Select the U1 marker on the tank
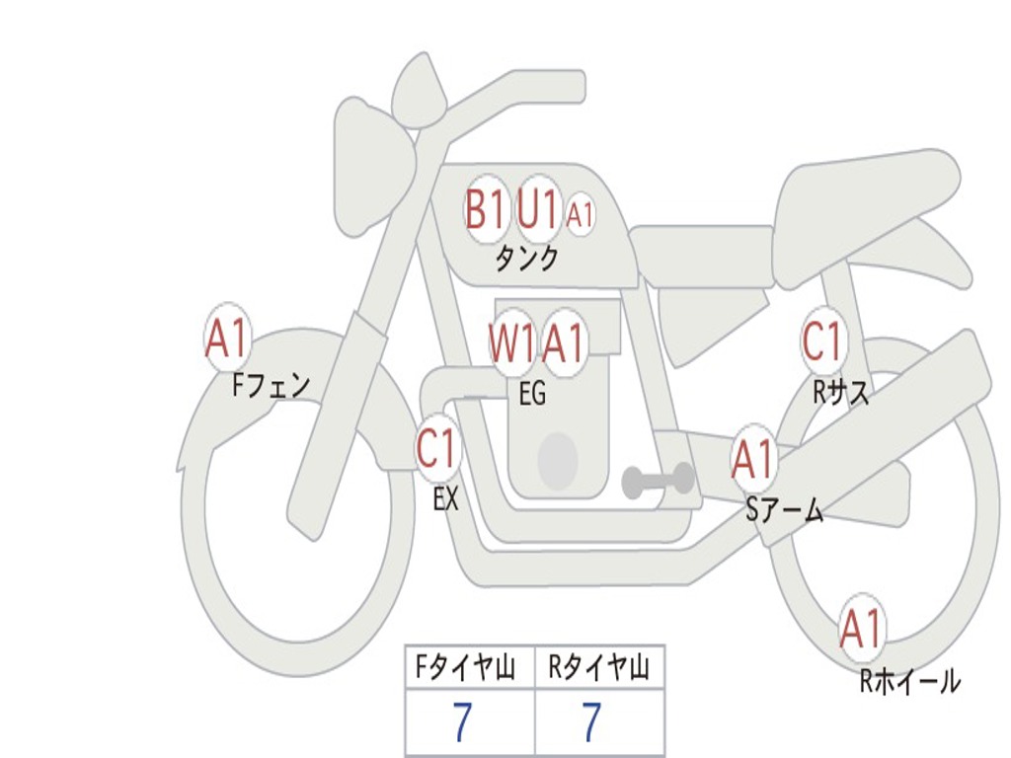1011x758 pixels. (539, 208)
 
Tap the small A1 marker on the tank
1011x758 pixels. (581, 214)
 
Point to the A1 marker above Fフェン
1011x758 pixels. (227, 339)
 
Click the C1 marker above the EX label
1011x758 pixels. (437, 450)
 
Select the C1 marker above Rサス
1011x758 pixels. (822, 342)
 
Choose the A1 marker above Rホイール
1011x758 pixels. (861, 629)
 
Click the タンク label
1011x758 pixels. (526, 259)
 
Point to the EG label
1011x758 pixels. (532, 394)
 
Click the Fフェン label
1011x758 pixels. (271, 384)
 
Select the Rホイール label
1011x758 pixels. (909, 681)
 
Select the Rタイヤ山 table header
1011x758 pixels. (598, 669)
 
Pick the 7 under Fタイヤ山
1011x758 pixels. (461, 723)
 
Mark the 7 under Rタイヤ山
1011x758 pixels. (591, 723)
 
